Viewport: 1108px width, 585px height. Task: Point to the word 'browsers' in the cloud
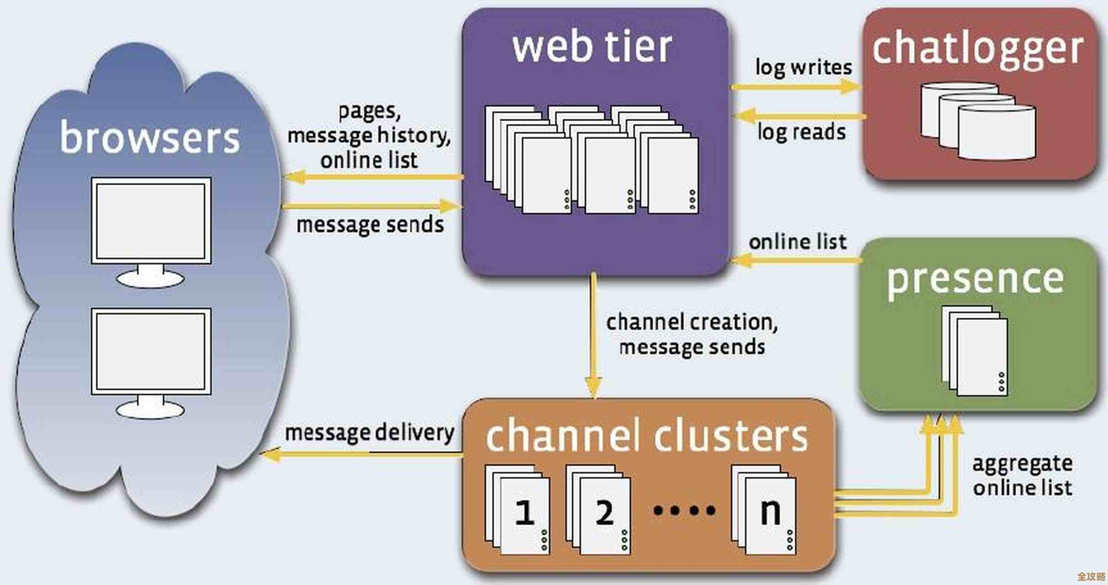click(150, 137)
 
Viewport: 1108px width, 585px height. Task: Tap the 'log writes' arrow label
click(803, 68)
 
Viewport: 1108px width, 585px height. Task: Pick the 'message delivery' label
click(369, 432)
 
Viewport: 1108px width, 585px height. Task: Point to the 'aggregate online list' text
click(1022, 475)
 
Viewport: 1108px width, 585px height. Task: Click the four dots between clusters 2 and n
click(684, 510)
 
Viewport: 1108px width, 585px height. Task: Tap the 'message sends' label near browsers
click(370, 225)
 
